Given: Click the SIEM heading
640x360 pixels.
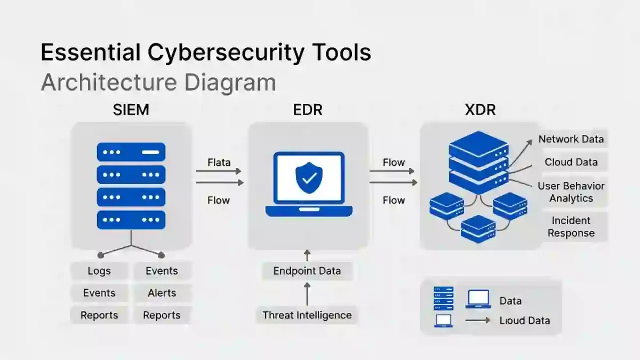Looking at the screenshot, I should point(131,110).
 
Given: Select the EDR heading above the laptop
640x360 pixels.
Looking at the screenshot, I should point(308,110).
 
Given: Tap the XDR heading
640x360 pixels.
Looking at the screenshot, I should point(480,110).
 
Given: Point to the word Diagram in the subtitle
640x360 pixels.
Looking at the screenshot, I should point(230,83).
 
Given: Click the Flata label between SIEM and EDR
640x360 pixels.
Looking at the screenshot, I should point(219,162).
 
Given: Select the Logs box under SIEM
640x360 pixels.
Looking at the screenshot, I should point(99,271).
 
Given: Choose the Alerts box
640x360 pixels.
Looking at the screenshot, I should point(162,293).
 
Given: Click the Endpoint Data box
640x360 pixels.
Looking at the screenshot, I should point(307,271).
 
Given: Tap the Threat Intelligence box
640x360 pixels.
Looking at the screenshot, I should point(307,315).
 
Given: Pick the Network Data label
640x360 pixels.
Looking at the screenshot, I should point(571,139).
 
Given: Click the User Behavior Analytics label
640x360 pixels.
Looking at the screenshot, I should point(571,192).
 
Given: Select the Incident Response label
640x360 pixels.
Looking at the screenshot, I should point(571,227).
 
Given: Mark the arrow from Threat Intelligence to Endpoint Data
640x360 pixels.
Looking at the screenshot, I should point(307,293).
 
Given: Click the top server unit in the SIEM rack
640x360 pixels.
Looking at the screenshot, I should point(131,152).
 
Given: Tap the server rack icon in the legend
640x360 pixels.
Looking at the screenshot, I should point(443,299).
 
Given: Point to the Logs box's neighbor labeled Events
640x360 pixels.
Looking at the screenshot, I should point(162,271).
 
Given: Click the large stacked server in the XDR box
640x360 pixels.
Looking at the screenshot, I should point(478,158).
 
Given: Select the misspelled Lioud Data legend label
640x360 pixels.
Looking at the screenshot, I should point(524,321).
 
